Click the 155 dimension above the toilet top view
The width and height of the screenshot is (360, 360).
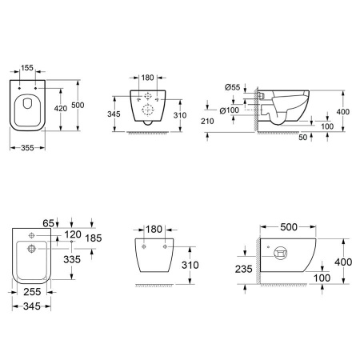coord(27,68)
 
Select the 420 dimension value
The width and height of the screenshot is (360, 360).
coord(61,109)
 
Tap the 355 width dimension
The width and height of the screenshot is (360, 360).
coord(27,147)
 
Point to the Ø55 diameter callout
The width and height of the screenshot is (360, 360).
coord(232,87)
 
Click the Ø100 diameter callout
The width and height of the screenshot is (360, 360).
coord(230,110)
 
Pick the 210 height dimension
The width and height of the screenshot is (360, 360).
coord(207,122)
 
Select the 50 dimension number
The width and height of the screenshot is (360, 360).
coord(303,138)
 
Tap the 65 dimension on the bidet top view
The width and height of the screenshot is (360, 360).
coord(48,223)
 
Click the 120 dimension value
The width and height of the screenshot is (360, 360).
coord(73,234)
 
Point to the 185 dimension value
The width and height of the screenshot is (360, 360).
coord(94,238)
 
